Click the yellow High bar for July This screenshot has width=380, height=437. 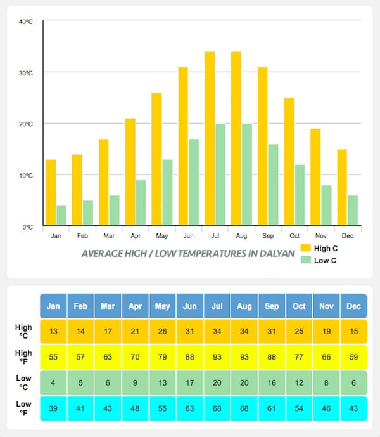point(210,139)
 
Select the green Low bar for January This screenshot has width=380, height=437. point(61,216)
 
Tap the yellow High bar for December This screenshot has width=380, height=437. point(342,188)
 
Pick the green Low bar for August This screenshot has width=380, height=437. point(246,175)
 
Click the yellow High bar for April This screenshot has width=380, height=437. point(130,172)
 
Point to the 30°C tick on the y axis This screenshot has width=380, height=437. point(26,73)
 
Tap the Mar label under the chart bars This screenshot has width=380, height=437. point(109,236)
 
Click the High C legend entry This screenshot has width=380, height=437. point(323,247)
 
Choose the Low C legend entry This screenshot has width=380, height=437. point(323,260)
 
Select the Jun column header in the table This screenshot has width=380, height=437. point(189,306)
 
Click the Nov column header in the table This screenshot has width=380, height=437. point(326,306)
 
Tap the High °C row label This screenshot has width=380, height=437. point(23,332)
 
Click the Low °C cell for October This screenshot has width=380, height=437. point(299,383)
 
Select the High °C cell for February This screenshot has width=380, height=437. point(80,332)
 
